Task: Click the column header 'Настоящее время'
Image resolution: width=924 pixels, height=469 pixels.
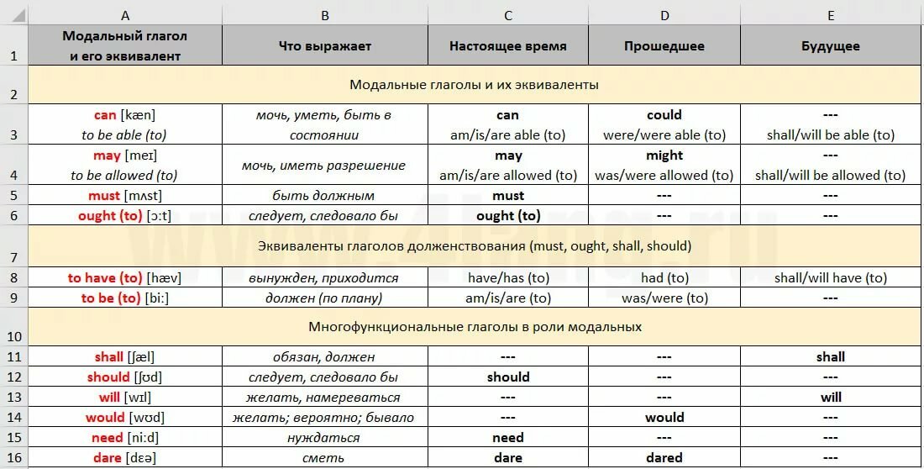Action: point(507,46)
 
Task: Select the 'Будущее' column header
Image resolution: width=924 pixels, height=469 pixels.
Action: point(830,46)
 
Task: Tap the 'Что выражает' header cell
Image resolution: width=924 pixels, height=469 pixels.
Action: point(324,46)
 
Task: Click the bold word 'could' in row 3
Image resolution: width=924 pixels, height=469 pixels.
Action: point(664,115)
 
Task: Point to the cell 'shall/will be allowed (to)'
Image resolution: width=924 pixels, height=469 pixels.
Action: point(830,176)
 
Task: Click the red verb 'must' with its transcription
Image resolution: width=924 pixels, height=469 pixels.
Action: point(125,196)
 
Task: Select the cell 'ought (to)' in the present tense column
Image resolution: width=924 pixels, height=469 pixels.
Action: point(507,216)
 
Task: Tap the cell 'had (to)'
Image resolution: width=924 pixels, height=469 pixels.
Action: point(664,278)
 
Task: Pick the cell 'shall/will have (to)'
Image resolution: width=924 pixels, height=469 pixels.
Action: point(830,278)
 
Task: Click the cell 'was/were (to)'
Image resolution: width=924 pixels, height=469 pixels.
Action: point(664,298)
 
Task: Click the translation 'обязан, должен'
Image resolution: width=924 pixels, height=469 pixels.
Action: point(324,357)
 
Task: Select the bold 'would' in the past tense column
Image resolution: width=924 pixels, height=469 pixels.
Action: point(664,418)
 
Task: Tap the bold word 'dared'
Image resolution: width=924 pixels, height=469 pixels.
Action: point(664,458)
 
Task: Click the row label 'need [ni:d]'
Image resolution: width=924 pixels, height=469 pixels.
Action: point(125,438)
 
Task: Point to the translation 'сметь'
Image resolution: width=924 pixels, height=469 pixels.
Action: point(324,458)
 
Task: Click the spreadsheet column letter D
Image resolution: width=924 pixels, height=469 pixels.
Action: point(664,15)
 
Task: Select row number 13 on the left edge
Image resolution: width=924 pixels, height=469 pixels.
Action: point(13,398)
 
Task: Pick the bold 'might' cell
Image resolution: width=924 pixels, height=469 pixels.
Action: point(664,155)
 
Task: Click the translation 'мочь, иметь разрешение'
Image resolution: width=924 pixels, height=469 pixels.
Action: point(324,166)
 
